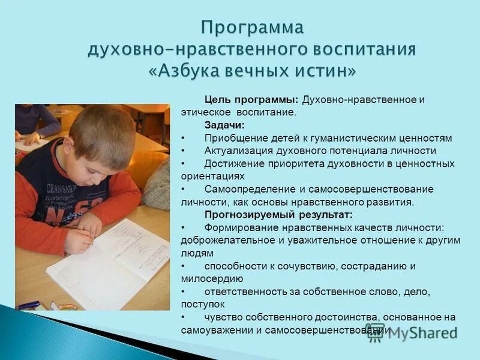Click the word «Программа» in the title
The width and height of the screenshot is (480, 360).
pos(253,28)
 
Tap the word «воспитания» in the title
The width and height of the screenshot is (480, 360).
pos(360,49)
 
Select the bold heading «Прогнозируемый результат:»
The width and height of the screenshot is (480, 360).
pos(278,214)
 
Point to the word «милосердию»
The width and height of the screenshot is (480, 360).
pos(212,278)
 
